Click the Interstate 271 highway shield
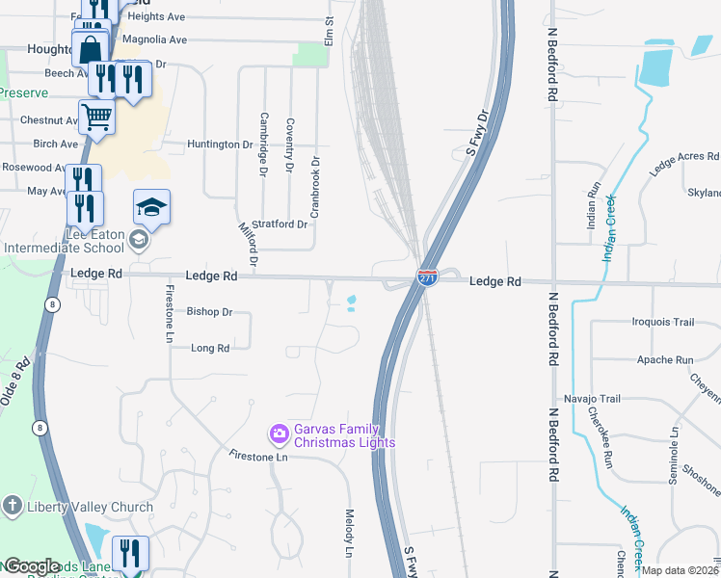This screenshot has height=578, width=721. pos(428,277)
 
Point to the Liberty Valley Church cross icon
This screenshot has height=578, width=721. pos(12,506)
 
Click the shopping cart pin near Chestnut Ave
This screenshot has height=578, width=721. pos(96,118)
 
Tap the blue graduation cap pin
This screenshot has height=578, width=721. pos(152,206)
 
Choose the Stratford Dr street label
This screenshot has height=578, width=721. pos(280,224)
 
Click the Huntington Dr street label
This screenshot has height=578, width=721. pos(220,144)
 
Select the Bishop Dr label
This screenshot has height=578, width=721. pos(210,312)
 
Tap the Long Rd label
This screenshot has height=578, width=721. pos(210,348)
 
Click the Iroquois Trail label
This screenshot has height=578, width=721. pos(662,322)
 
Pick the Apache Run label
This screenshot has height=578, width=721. pos(665,360)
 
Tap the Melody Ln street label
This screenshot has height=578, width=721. pos(350,533)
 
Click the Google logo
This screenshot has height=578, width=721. pos(32,566)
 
